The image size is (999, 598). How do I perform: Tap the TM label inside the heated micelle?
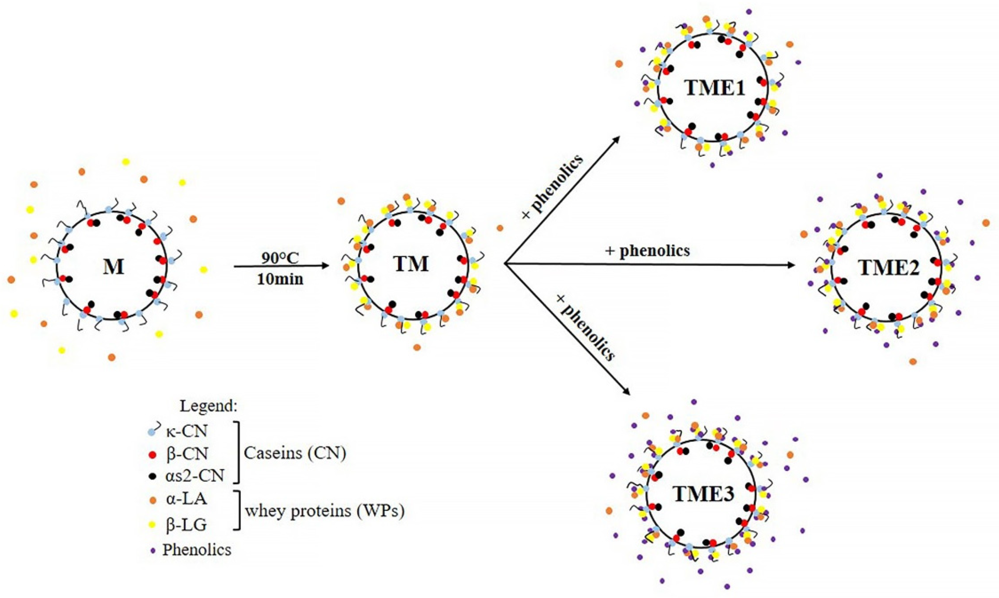coord(411,264)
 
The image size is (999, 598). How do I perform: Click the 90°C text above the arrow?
coord(280,258)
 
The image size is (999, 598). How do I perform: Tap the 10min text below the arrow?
coord(280,279)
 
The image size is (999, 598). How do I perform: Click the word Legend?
coord(208,406)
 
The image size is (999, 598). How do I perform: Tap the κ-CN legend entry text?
coord(186,432)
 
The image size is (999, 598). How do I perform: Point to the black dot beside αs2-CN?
coord(152,477)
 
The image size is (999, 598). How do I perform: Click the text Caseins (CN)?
coord(295,453)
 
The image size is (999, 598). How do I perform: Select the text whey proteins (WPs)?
coord(325,511)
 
